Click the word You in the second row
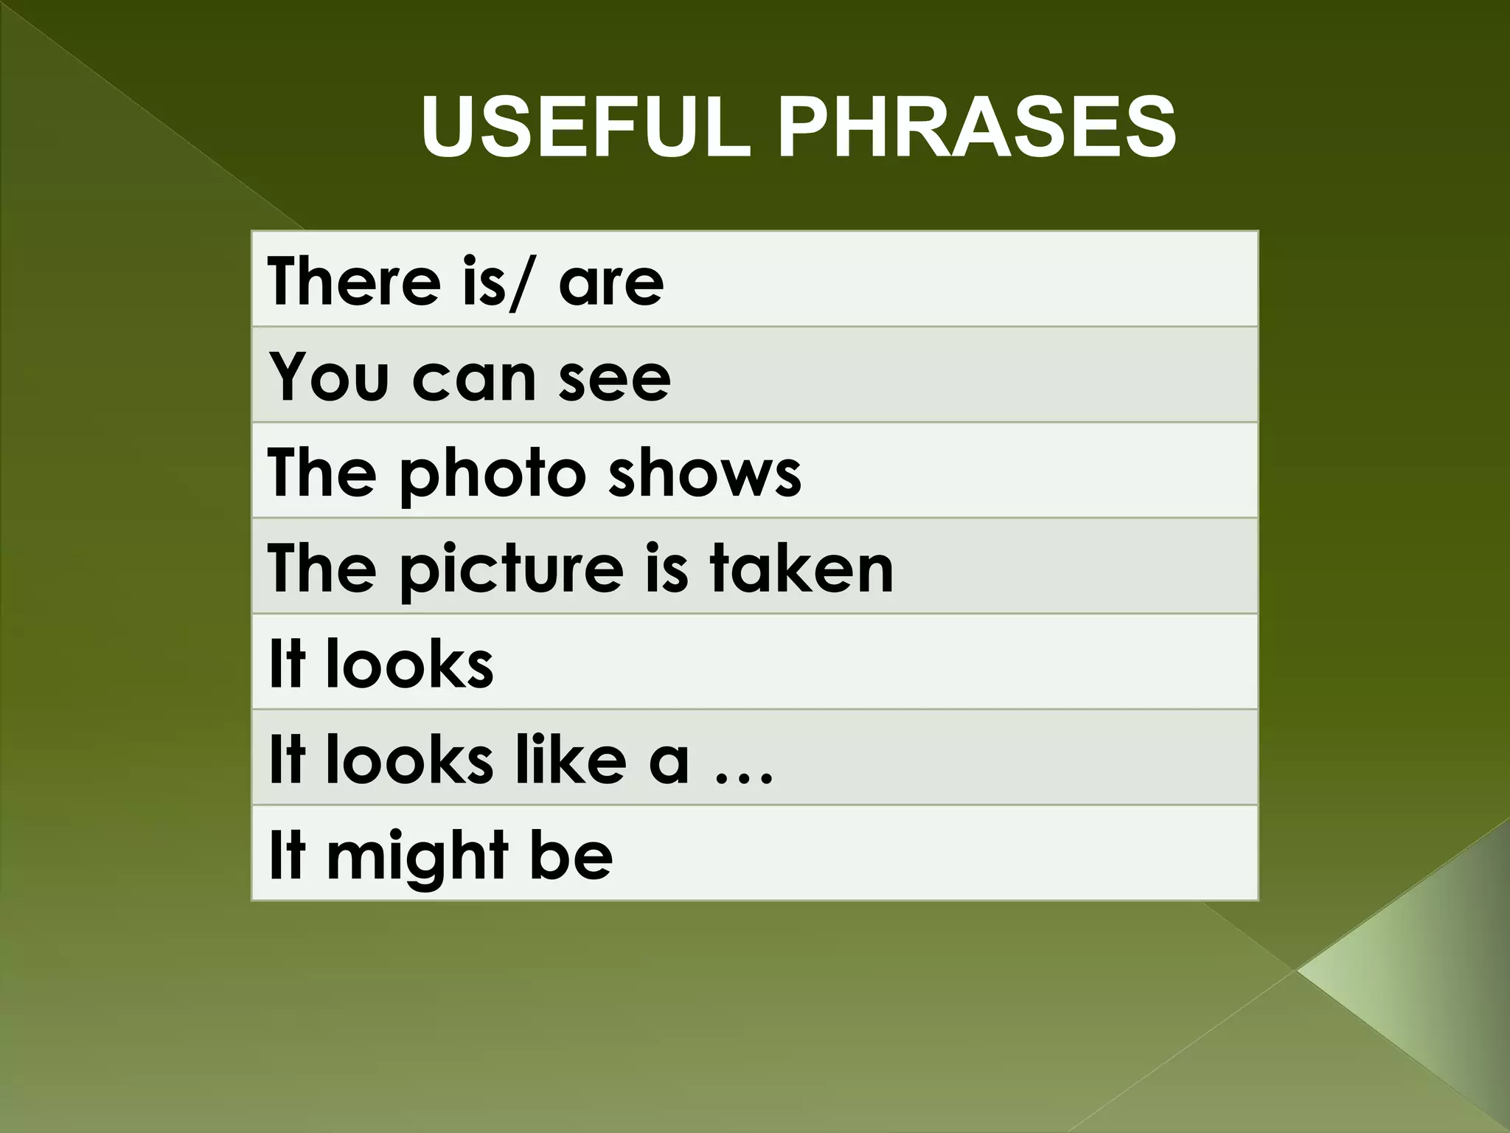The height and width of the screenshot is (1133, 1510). tap(328, 377)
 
